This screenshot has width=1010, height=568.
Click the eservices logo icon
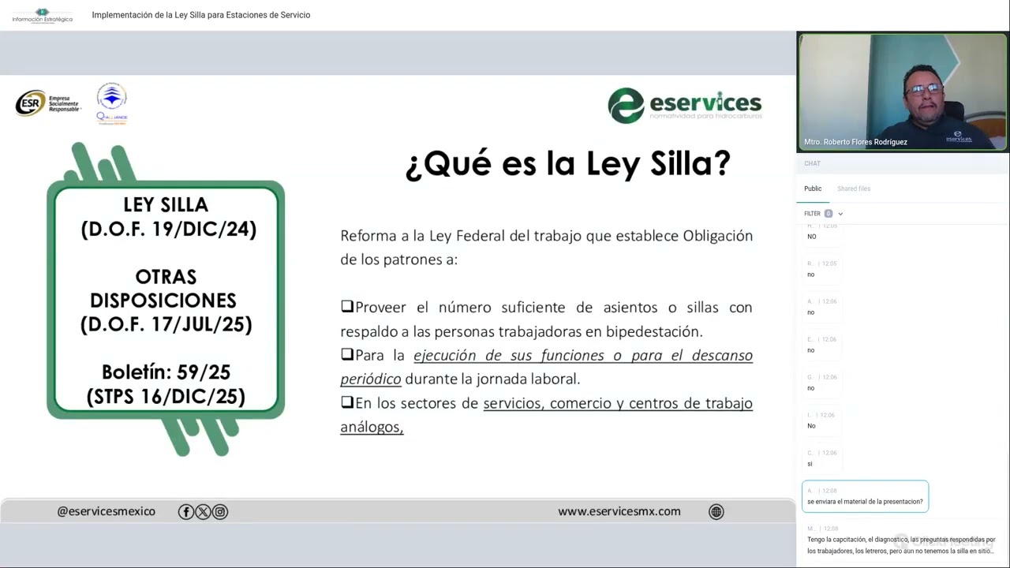tap(626, 106)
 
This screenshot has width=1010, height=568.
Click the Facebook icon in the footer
tap(186, 512)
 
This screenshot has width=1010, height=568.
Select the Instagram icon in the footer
tap(220, 512)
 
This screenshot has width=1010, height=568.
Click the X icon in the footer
tap(203, 512)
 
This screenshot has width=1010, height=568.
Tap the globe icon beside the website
tap(716, 512)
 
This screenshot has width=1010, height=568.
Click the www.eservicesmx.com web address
tap(619, 511)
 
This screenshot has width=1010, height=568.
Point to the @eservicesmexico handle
tap(106, 511)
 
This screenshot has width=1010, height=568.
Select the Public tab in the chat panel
tap(813, 189)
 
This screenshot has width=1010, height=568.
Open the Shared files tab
tap(854, 189)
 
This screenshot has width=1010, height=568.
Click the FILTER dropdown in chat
tap(823, 214)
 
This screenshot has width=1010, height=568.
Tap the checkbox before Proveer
tap(347, 307)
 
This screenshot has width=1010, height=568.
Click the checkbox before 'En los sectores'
tap(347, 402)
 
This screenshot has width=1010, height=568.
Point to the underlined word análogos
tap(371, 428)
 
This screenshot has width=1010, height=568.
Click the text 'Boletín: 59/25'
tap(166, 372)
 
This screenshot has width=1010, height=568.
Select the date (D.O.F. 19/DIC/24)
tap(168, 230)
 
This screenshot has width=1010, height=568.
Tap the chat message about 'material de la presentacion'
tap(865, 501)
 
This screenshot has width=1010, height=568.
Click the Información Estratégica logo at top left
tap(43, 15)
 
